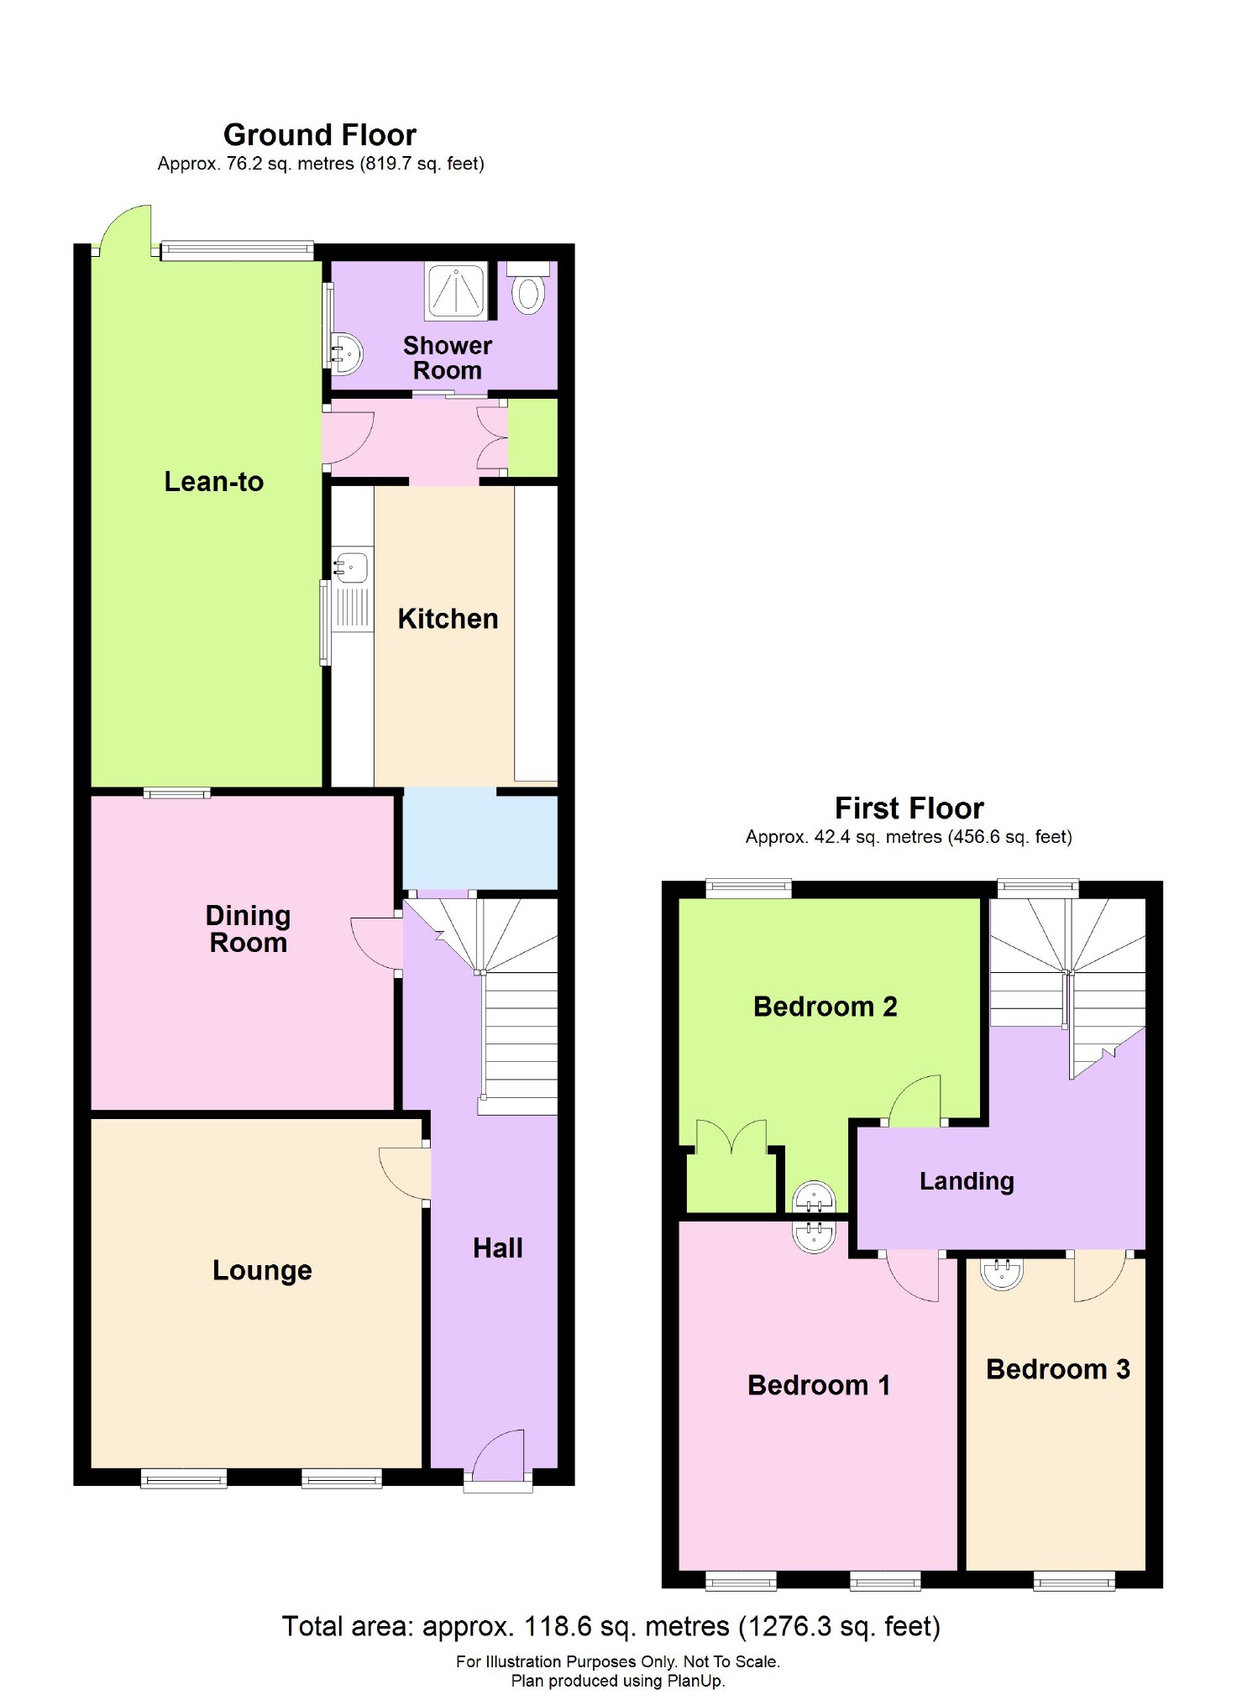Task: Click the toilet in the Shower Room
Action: coord(528,290)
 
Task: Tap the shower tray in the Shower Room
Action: coord(456,291)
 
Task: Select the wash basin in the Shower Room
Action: coord(346,353)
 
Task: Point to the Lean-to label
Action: coord(213,482)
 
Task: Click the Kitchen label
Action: coord(448,619)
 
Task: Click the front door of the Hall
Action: coord(499,1457)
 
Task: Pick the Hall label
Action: coord(497,1248)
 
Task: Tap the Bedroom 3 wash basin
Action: coord(1002,1273)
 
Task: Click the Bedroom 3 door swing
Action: coord(1100,1278)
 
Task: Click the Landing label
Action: coord(967,1181)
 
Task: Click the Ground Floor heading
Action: coord(319,135)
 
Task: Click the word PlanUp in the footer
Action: coord(695,1681)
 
